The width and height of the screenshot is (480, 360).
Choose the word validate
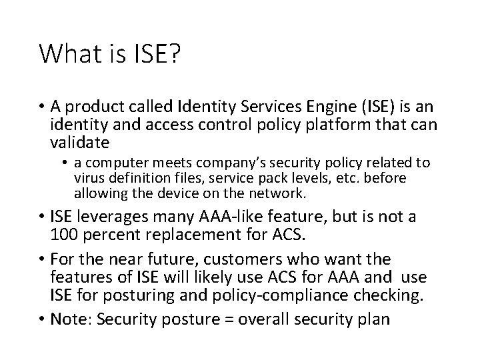pyautogui.click(x=77, y=144)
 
